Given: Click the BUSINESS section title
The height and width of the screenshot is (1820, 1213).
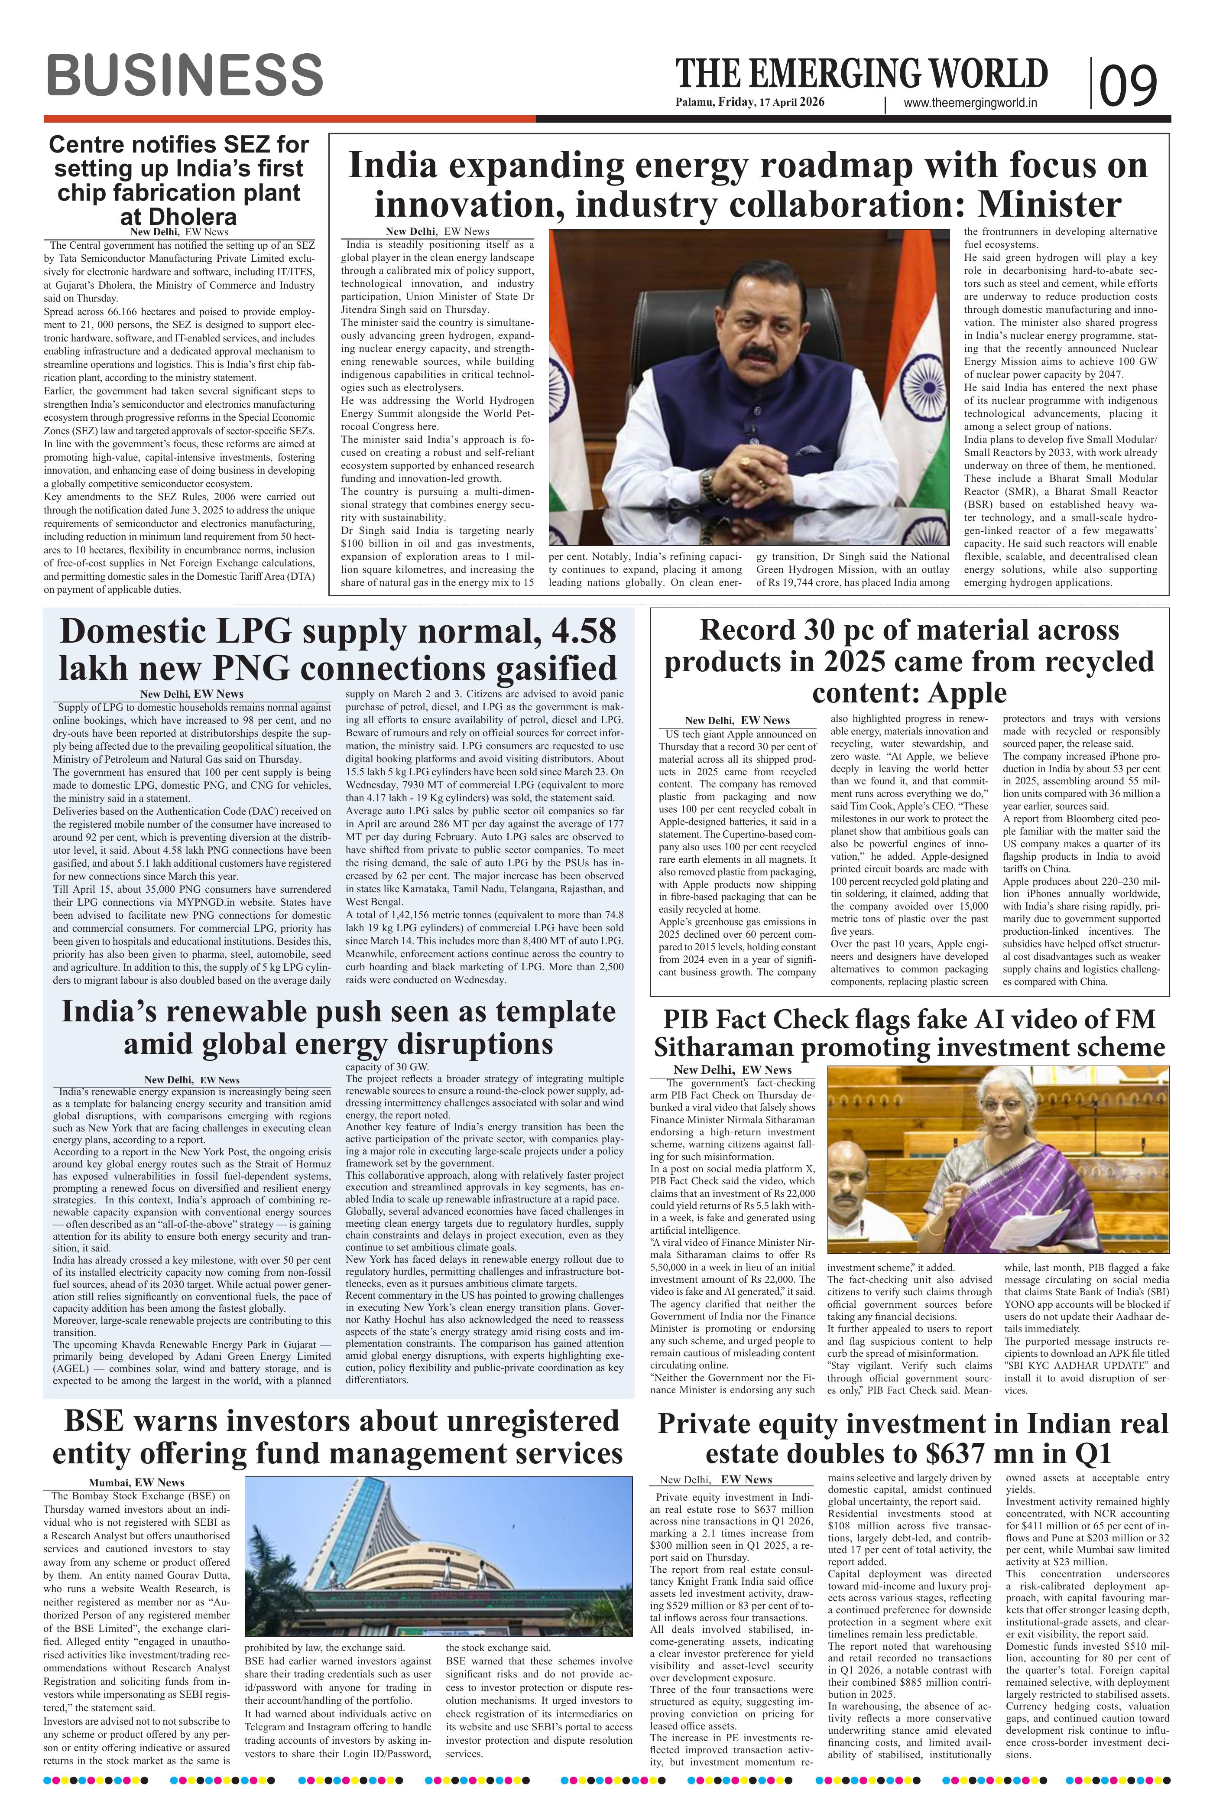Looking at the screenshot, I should pyautogui.click(x=184, y=76).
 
